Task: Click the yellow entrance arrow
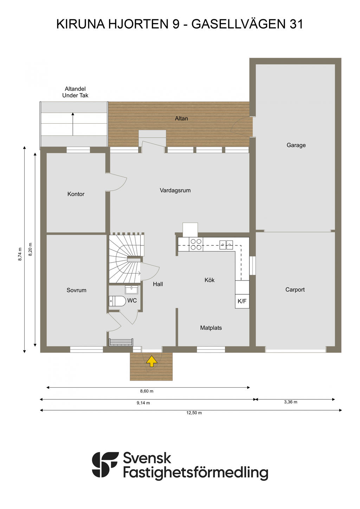(152, 361)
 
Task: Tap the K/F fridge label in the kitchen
(242, 301)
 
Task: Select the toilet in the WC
(117, 301)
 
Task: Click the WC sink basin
(131, 290)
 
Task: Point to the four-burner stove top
(196, 244)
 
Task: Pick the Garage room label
(296, 145)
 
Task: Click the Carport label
(295, 290)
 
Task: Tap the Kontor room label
(76, 194)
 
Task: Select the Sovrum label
(76, 290)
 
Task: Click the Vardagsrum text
(175, 191)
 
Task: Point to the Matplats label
(211, 328)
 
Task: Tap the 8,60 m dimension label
(147, 391)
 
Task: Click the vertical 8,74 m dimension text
(20, 254)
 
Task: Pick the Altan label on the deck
(181, 118)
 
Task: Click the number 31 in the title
(296, 24)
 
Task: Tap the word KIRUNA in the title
(81, 24)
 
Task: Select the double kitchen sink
(226, 245)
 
